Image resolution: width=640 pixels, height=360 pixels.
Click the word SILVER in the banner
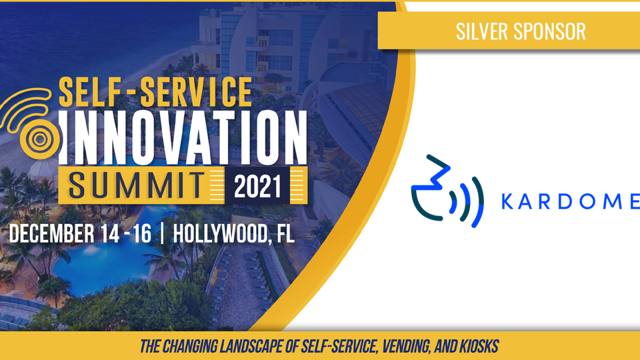point(481,31)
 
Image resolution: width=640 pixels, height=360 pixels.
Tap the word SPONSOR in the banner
point(549,31)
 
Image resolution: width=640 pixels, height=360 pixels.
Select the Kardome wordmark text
point(570,201)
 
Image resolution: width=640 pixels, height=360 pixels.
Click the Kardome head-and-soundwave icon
point(447,191)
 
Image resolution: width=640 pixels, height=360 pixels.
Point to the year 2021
point(257,187)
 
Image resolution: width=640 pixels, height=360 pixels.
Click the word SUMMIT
point(136,186)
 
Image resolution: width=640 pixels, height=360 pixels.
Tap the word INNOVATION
point(183,137)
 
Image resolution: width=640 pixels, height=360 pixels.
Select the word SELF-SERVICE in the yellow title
point(155,91)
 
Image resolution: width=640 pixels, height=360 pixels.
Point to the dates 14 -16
point(124,233)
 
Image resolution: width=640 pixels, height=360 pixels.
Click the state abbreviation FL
point(285,233)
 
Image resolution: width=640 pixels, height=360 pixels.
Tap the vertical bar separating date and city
point(163,233)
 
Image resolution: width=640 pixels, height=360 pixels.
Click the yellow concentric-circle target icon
point(40,139)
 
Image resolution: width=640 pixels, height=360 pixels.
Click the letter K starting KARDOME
point(507,201)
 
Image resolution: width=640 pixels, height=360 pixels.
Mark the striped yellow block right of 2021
point(299,185)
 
